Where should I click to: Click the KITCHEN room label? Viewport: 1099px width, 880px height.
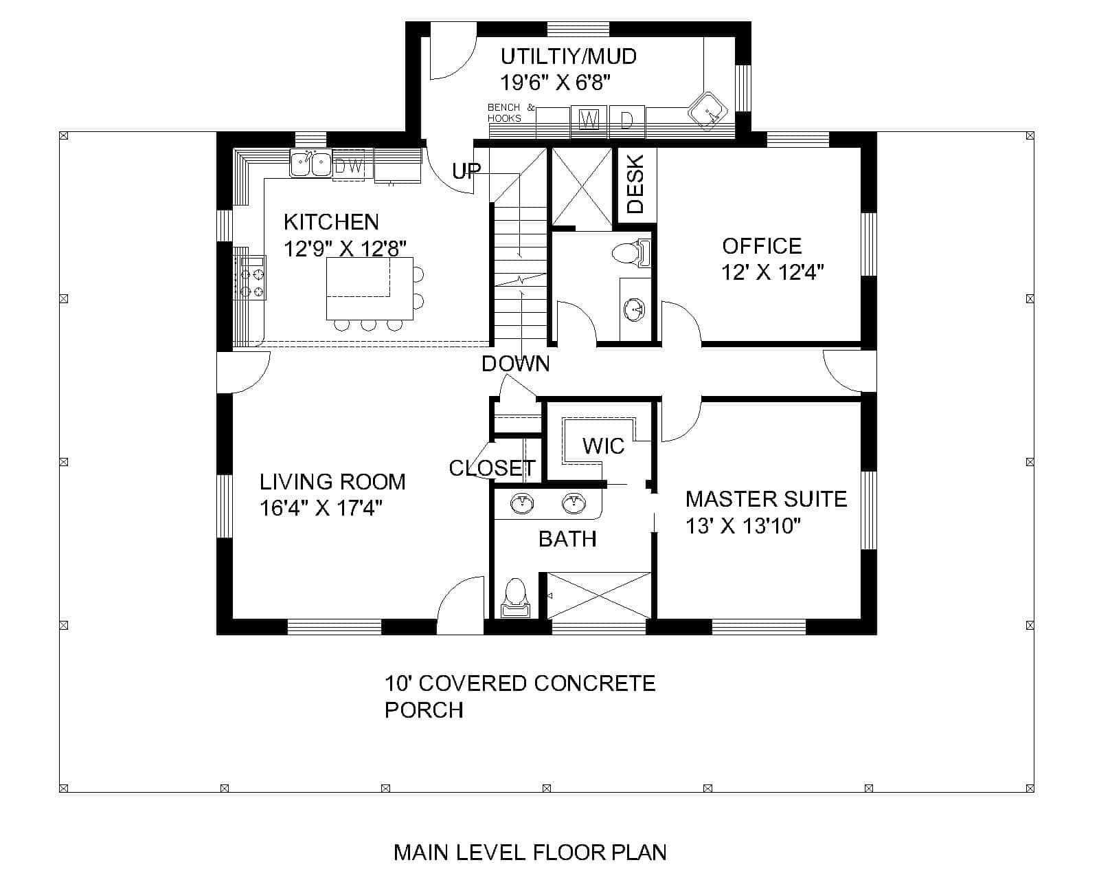331,222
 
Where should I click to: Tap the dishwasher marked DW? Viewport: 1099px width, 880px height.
348,166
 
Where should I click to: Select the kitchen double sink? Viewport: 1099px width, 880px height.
310,164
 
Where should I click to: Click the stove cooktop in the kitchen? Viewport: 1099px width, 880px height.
250,277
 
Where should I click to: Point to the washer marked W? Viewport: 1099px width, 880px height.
588,120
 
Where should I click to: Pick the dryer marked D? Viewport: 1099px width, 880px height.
627,120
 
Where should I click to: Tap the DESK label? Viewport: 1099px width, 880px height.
635,184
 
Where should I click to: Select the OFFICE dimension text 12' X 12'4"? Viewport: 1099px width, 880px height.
772,273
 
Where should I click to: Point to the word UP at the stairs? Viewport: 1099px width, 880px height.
466,170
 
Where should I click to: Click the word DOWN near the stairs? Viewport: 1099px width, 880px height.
515,364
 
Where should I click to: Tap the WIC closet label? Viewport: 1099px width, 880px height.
603,446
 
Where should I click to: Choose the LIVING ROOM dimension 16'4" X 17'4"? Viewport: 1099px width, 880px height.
321,508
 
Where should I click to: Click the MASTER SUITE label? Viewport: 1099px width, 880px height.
766,499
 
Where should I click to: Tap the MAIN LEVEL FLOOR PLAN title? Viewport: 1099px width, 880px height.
530,852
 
